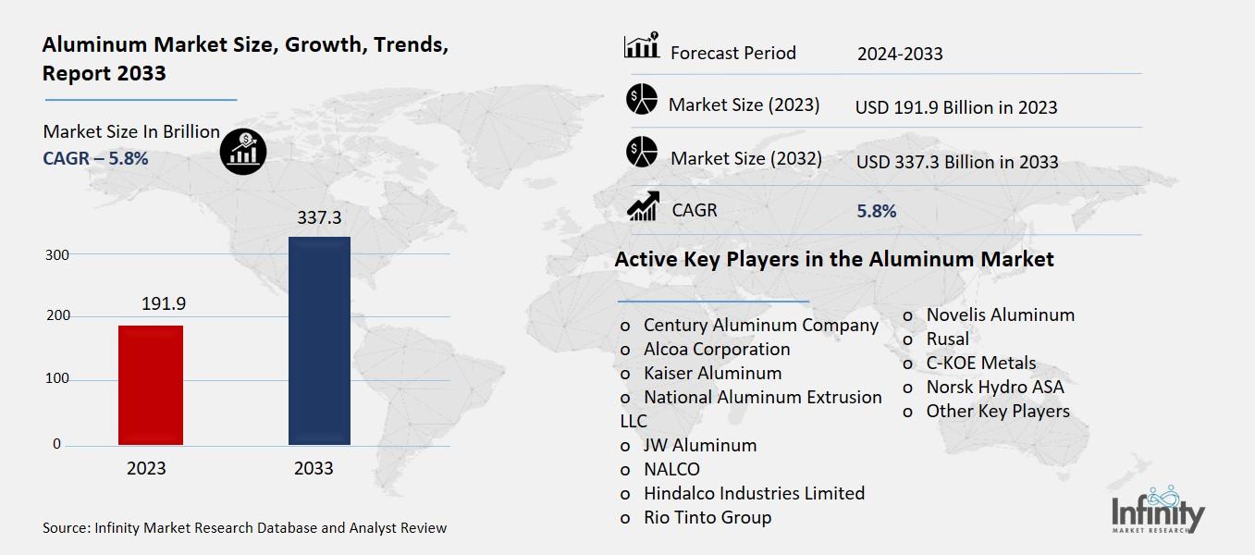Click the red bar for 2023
[150, 385]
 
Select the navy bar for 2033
[319, 340]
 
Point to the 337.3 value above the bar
[319, 219]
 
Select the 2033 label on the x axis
[314, 469]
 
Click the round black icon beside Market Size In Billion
[243, 150]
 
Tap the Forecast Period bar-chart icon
[642, 46]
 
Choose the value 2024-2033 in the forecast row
[900, 54]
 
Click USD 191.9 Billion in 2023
[956, 107]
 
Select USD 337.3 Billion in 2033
[957, 162]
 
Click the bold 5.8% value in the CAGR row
[877, 211]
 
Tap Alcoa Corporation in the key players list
[717, 350]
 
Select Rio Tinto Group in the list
[707, 518]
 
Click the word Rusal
[948, 339]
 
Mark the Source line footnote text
[245, 528]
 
